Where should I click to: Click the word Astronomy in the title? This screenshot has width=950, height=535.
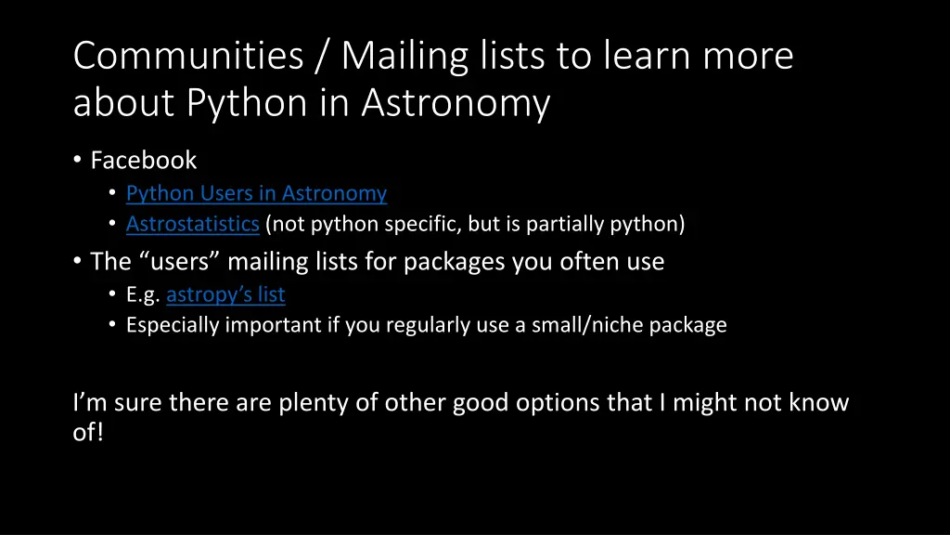(456, 103)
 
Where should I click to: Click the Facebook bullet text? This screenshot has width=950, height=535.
(144, 160)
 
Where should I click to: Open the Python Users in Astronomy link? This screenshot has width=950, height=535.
(256, 193)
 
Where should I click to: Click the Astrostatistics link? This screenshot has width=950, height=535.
(192, 224)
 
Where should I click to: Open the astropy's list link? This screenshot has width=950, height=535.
(225, 294)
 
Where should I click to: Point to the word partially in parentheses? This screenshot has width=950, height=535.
(574, 224)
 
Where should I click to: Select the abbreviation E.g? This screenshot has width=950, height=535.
(144, 294)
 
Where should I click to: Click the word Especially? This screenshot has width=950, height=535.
(173, 325)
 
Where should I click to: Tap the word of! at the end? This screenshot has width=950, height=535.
(88, 432)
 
